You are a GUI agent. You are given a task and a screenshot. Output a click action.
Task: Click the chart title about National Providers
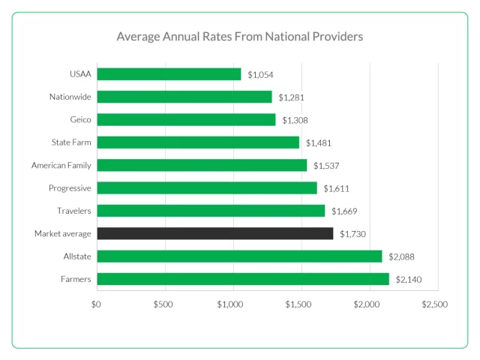pyautogui.click(x=239, y=36)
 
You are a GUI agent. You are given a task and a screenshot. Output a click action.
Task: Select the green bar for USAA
pyautogui.click(x=169, y=74)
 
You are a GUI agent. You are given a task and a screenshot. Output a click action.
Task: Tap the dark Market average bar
pyautogui.click(x=214, y=234)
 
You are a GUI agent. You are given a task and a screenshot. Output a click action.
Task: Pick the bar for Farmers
pyautogui.click(x=243, y=279)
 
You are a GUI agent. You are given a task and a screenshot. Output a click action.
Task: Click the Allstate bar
pyautogui.click(x=239, y=256)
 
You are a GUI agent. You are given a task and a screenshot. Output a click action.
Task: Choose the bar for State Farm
pyautogui.click(x=198, y=142)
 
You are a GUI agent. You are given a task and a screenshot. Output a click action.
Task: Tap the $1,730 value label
pyautogui.click(x=352, y=234)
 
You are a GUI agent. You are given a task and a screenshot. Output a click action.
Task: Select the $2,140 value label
pyautogui.click(x=409, y=280)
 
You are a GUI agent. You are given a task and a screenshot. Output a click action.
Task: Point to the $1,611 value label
pyautogui.click(x=336, y=188)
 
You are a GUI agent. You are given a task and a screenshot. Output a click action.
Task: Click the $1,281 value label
pyautogui.click(x=291, y=97)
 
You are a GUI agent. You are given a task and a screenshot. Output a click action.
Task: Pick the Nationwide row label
pyautogui.click(x=70, y=97)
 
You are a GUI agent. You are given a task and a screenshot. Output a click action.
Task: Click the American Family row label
pyautogui.click(x=61, y=165)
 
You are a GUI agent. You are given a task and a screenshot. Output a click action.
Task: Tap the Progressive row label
pyautogui.click(x=70, y=188)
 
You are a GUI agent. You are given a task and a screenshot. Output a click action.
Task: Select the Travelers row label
pyautogui.click(x=74, y=211)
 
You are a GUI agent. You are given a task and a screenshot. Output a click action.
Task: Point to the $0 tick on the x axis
pyautogui.click(x=96, y=304)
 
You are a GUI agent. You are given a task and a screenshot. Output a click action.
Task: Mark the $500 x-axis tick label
pyautogui.click(x=163, y=304)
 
